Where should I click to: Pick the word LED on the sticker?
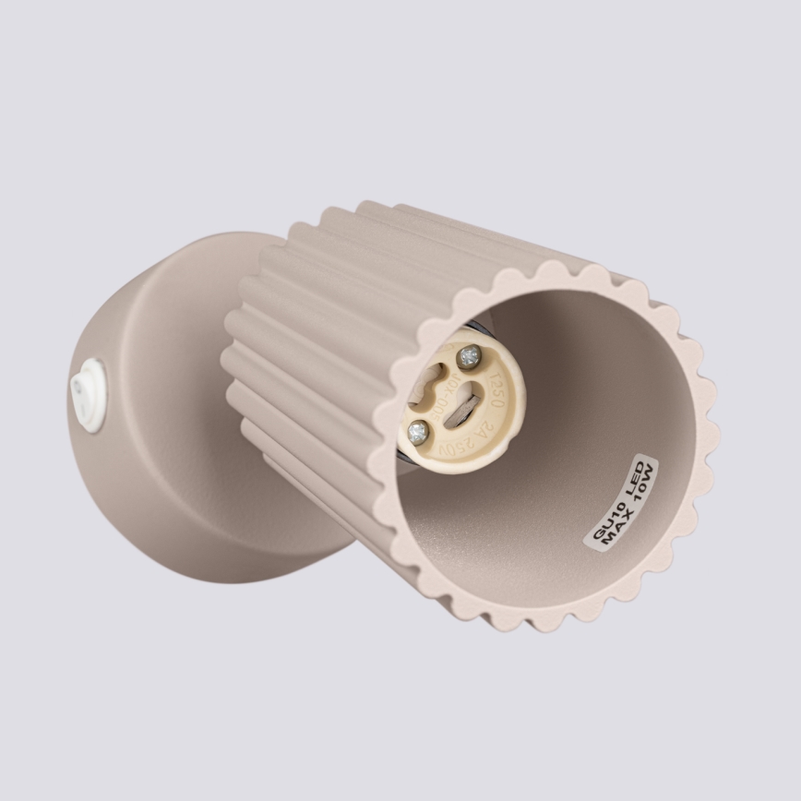pos(636,474)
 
